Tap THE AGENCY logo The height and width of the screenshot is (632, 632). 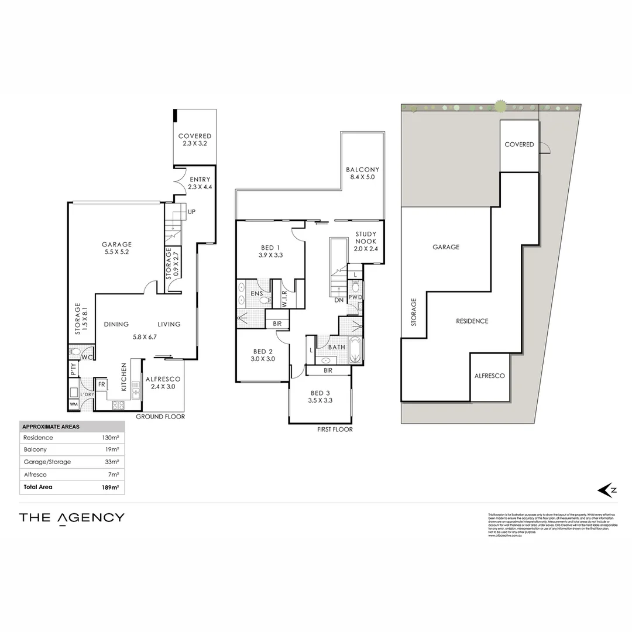[x=71, y=517]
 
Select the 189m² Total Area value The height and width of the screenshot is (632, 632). [x=111, y=487]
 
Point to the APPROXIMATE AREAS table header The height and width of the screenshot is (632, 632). [x=50, y=427]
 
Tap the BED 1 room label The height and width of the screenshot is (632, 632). [x=270, y=251]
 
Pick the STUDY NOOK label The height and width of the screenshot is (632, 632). [x=366, y=241]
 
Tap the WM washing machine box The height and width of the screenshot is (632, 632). [x=74, y=404]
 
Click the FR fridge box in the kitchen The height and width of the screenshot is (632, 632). [x=101, y=384]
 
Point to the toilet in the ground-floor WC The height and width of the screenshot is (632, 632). [x=74, y=352]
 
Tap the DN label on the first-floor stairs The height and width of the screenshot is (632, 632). [x=339, y=300]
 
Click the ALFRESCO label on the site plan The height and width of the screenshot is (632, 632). [x=489, y=376]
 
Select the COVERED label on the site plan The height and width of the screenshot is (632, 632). [x=519, y=145]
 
